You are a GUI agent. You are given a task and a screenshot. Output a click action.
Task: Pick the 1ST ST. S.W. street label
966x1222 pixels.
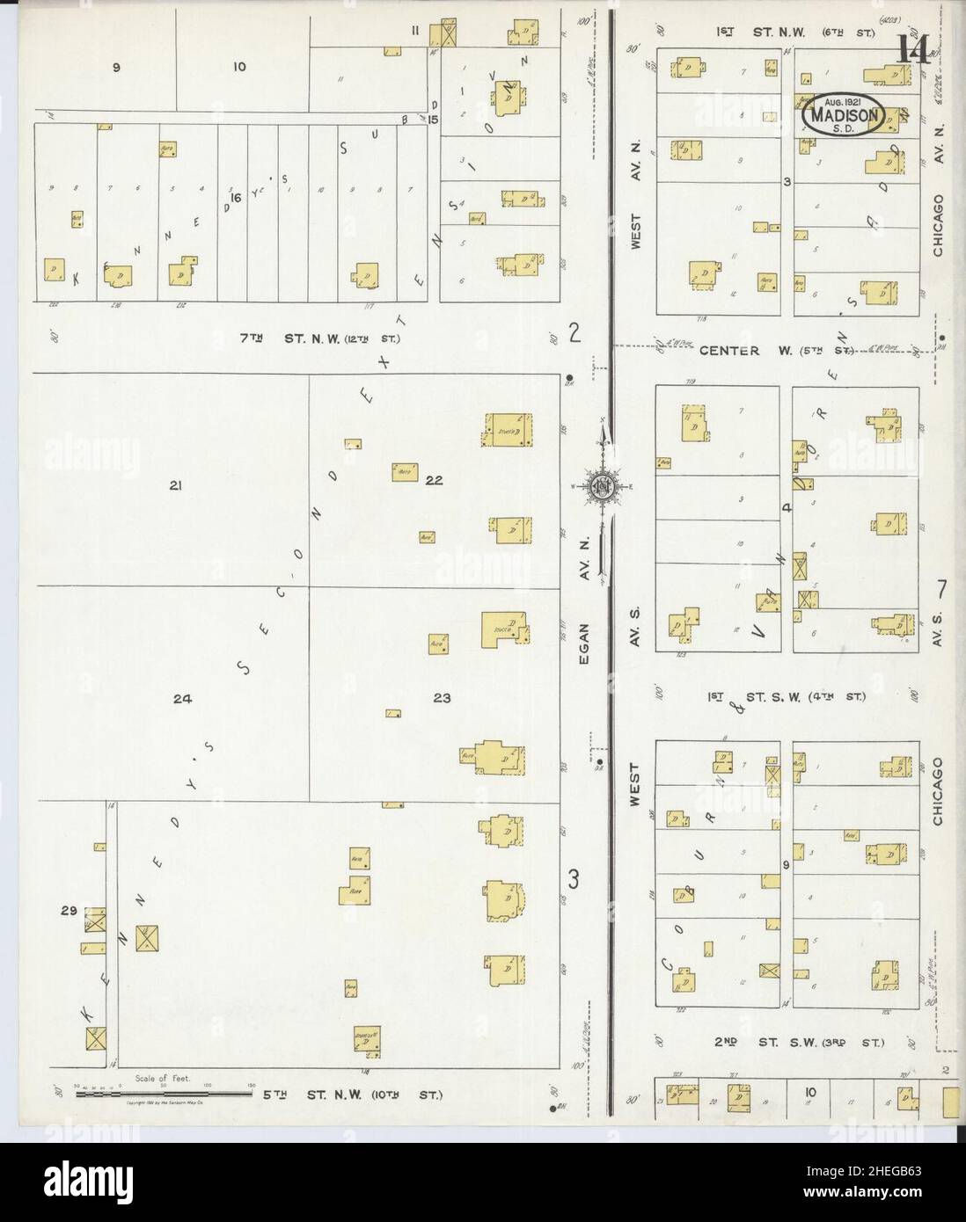tap(787, 697)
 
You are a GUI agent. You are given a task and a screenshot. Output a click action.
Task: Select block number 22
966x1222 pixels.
tap(434, 480)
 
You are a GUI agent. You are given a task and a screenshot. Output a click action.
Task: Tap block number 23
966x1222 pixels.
tap(442, 698)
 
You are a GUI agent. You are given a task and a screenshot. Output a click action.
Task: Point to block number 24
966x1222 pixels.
tap(182, 700)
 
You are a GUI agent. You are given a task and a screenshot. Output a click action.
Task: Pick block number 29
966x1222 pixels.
tap(66, 912)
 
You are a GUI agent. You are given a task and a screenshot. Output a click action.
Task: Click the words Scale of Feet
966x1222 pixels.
tap(163, 1079)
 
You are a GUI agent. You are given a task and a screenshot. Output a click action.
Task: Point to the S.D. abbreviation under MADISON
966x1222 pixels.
tap(843, 127)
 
